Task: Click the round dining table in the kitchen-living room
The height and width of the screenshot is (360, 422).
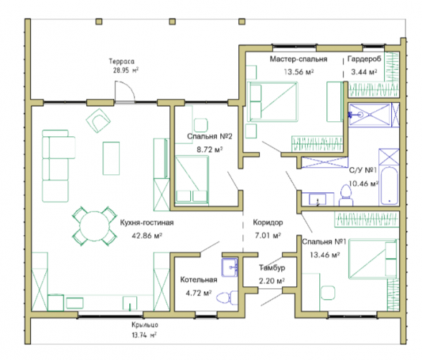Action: click(x=94, y=226)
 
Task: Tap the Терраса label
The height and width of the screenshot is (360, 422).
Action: click(x=121, y=62)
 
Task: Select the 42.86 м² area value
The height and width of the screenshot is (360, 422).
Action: click(x=146, y=236)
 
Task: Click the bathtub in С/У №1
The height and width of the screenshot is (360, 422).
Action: click(x=389, y=186)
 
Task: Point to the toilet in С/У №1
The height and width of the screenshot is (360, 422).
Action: click(x=346, y=196)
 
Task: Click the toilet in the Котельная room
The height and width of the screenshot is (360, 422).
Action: click(x=227, y=298)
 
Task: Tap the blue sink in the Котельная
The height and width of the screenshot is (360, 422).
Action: click(x=230, y=267)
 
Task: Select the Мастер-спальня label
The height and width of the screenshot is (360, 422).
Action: click(x=299, y=59)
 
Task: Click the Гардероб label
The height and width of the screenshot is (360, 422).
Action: click(x=364, y=59)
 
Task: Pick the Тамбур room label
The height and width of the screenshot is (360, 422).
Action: click(x=272, y=267)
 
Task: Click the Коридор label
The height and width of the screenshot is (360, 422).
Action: click(x=268, y=222)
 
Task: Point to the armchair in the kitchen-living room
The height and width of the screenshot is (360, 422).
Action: click(x=98, y=120)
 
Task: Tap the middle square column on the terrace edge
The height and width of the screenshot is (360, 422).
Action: click(x=172, y=22)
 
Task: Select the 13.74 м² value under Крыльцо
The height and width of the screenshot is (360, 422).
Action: click(x=144, y=335)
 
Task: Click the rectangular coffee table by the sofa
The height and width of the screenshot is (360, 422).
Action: click(x=111, y=158)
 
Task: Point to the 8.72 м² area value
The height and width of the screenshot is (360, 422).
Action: click(x=210, y=149)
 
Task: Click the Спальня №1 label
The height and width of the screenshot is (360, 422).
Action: click(x=324, y=242)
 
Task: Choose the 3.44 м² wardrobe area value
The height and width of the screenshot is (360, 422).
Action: click(x=364, y=72)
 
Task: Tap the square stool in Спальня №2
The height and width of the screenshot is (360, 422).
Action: click(x=201, y=125)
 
